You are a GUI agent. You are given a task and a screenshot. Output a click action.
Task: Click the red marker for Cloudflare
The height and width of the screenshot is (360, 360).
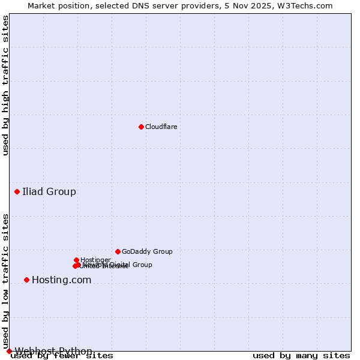pyautogui.click(x=141, y=127)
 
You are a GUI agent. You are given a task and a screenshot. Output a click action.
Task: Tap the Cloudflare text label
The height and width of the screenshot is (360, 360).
pyautogui.click(x=161, y=127)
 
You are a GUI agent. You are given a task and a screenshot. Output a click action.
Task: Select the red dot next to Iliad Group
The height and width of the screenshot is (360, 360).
pyautogui.click(x=17, y=191)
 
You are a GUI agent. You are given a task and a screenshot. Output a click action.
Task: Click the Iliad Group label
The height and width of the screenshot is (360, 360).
pyautogui.click(x=49, y=192)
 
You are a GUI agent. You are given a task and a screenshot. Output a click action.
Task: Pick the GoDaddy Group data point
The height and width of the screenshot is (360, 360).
pyautogui.click(x=118, y=251)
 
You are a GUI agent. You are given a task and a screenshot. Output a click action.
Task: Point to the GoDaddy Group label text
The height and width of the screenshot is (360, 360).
pyautogui.click(x=147, y=251)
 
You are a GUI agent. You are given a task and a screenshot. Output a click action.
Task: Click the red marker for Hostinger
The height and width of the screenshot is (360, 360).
pyautogui.click(x=76, y=260)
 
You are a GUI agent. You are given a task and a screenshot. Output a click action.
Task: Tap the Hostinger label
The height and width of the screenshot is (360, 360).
pyautogui.click(x=95, y=260)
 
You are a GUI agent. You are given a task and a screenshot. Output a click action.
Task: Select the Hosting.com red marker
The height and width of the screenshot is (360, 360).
pyautogui.click(x=26, y=280)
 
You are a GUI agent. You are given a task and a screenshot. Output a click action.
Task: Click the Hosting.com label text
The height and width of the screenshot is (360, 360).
pyautogui.click(x=61, y=280)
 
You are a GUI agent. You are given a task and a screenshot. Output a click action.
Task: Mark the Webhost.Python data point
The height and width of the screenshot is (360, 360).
pyautogui.click(x=9, y=351)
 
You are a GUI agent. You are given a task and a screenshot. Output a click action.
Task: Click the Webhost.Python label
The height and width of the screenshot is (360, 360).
pyautogui.click(x=53, y=351)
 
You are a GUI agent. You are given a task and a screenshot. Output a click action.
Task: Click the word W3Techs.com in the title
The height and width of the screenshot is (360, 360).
pyautogui.click(x=305, y=5)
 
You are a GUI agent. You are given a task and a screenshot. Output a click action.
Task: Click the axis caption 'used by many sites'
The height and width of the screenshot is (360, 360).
pyautogui.click(x=301, y=356)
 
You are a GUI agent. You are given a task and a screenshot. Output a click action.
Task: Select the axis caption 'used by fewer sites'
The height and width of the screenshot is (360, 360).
pyautogui.click(x=62, y=356)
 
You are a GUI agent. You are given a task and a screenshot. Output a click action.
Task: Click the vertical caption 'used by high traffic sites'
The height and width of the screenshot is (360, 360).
pyautogui.click(x=6, y=85)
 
